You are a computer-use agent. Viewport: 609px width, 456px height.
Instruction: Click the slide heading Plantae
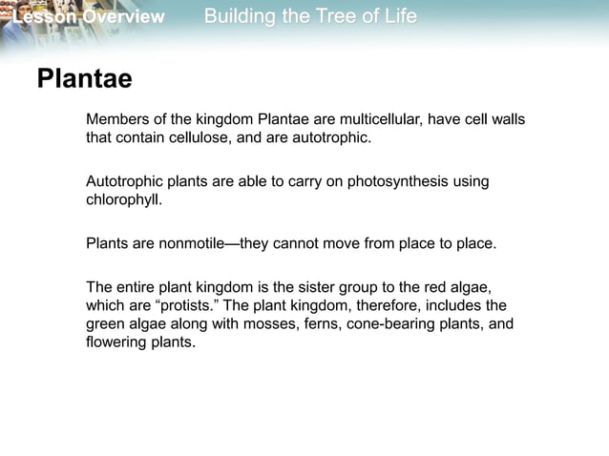coord(84,80)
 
